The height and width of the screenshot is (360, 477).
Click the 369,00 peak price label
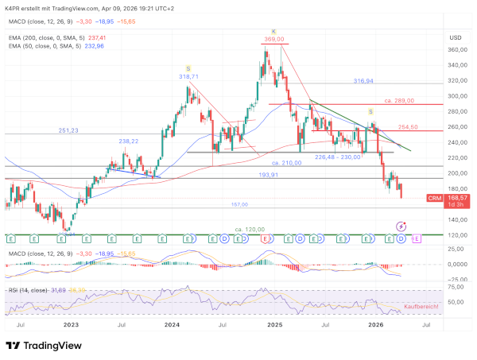coord(275,39)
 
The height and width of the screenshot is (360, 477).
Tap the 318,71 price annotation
coord(188,77)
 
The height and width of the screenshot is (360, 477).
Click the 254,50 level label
coord(408,126)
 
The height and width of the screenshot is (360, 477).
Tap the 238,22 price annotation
coord(129,141)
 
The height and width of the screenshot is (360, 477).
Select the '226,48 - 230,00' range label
coord(337,157)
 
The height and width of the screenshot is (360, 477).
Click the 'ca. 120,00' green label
coord(248,229)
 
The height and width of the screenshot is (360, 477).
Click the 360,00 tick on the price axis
coord(456,50)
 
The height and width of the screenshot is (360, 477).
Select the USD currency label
coord(455,37)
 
